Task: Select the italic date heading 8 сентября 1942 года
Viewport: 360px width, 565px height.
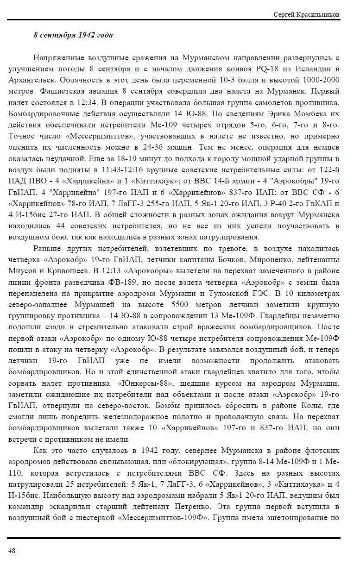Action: pyautogui.click(x=73, y=35)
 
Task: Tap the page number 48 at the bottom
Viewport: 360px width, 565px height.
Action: pyautogui.click(x=12, y=550)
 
